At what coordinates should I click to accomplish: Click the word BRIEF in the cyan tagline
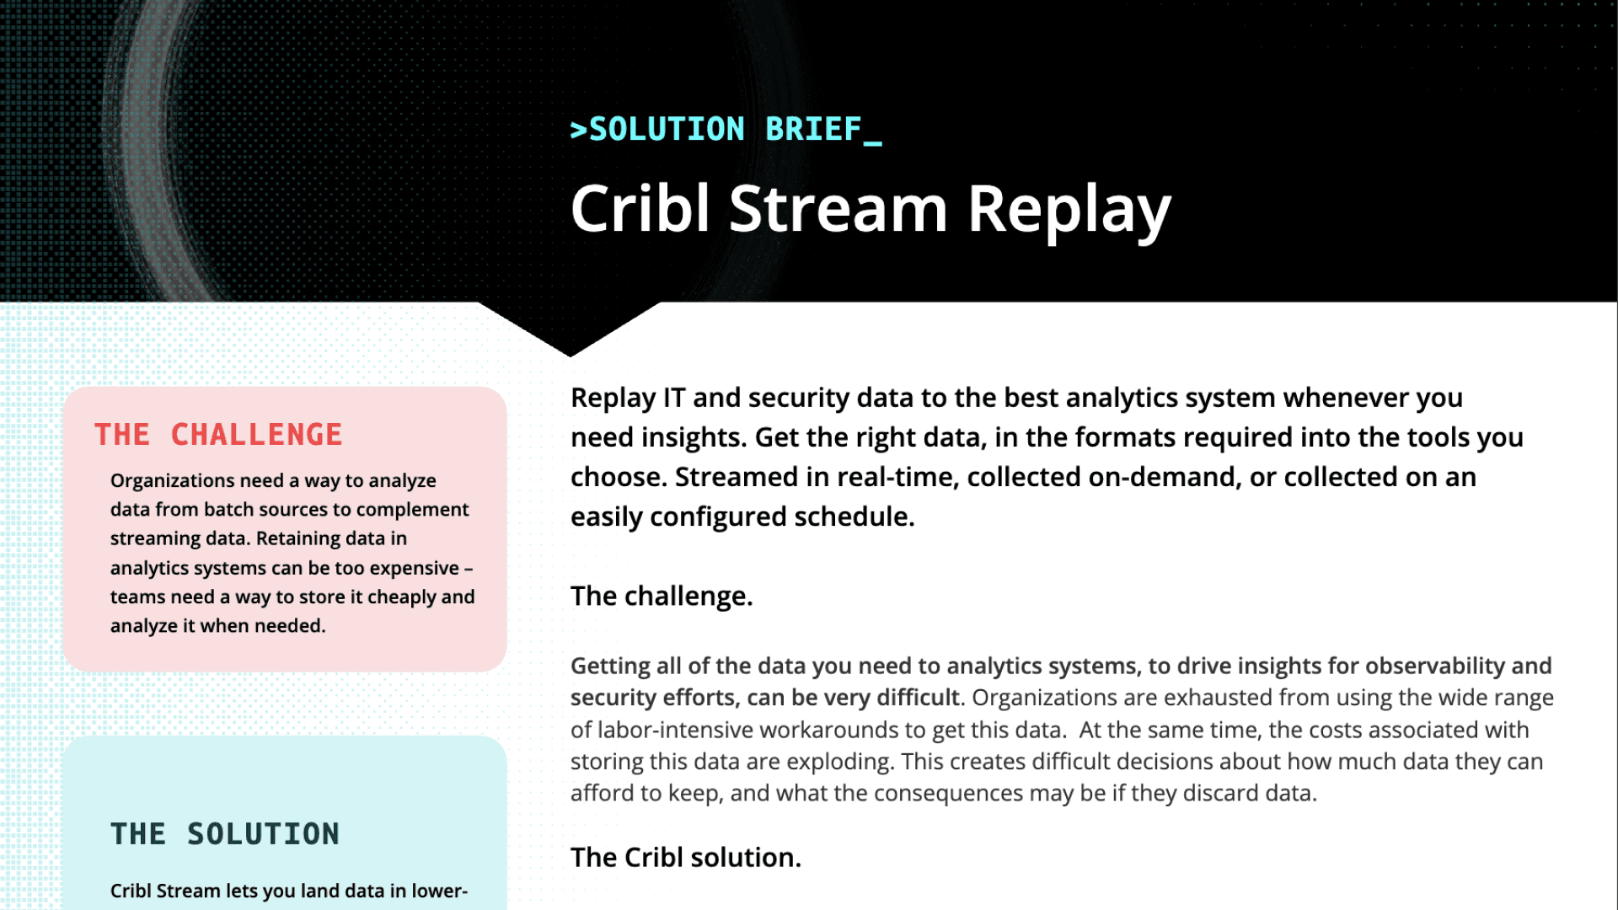point(813,130)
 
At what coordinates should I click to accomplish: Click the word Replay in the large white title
point(1069,211)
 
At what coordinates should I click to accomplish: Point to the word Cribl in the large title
point(640,209)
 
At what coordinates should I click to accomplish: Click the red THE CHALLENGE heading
point(218,435)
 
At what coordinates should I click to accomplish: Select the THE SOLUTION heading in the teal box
point(224,834)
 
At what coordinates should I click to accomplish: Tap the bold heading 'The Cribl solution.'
point(685,858)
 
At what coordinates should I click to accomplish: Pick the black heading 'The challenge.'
point(661,597)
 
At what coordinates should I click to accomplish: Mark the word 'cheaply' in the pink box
point(401,597)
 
